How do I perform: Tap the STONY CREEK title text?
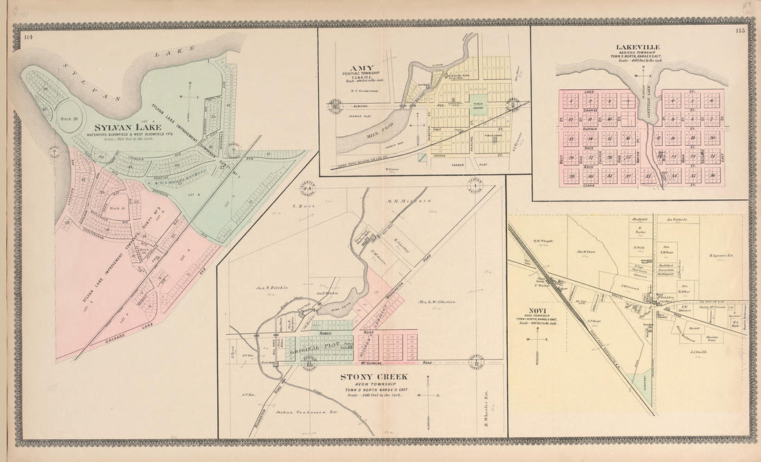[374, 377]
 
